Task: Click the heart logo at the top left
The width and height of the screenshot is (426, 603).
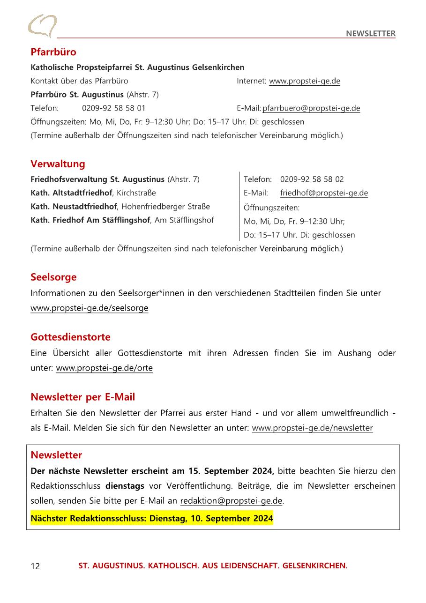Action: [x=42, y=26]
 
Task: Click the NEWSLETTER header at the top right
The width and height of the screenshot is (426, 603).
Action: [x=370, y=33]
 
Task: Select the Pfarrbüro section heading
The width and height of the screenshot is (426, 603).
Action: [x=53, y=52]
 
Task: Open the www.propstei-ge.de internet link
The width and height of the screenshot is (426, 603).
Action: [x=304, y=81]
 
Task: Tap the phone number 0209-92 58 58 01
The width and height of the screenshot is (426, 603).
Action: [x=113, y=108]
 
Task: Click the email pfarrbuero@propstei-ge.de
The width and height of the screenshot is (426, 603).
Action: [x=311, y=108]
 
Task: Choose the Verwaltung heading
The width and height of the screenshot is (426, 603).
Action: [x=58, y=164]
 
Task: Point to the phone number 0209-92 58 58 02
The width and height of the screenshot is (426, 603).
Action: [x=312, y=179]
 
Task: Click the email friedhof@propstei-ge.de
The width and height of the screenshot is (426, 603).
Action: [x=324, y=193]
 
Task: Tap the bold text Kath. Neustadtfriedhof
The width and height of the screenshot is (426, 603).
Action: [x=74, y=206]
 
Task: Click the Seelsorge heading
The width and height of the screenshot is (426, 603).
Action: [x=53, y=277]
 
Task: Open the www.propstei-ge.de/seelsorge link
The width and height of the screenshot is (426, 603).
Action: [x=89, y=308]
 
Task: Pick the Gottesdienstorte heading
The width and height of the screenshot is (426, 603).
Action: [x=70, y=337]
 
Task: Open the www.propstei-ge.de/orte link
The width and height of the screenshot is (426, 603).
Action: [x=104, y=368]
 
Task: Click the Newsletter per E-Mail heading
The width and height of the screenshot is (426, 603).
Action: [x=82, y=397]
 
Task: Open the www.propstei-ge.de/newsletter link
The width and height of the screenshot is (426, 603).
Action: [x=312, y=428]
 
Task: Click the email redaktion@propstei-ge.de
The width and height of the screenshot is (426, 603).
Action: [x=231, y=501]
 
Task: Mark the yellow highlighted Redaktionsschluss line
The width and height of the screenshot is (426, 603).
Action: [x=151, y=518]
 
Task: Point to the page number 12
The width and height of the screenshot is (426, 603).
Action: [x=35, y=566]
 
